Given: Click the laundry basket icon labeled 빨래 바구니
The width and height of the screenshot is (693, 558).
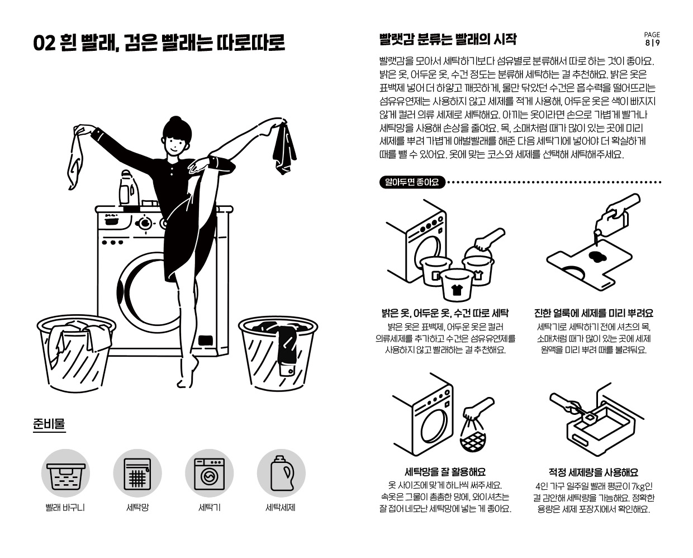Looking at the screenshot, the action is [x=66, y=473].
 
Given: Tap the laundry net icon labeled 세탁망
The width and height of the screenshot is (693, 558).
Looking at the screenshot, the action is [x=137, y=473].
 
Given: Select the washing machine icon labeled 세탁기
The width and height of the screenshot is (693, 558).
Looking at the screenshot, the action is [x=210, y=473].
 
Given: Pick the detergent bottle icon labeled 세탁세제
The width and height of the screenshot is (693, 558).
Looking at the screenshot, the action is [x=281, y=473].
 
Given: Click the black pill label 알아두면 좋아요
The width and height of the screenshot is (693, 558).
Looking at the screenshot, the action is [x=412, y=182].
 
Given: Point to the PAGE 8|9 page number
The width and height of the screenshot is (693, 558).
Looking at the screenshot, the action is [x=652, y=39].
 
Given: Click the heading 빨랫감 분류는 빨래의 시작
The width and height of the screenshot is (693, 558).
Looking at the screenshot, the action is [x=448, y=39].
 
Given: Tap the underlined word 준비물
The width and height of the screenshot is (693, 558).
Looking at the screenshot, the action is [x=49, y=424].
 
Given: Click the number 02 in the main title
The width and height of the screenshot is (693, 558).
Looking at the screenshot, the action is [x=45, y=43].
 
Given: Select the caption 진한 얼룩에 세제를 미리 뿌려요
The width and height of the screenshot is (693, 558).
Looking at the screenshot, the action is [x=594, y=313].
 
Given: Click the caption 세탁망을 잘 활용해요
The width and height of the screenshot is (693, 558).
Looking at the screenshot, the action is [x=445, y=472].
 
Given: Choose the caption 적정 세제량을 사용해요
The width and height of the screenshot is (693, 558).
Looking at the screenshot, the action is [x=594, y=472].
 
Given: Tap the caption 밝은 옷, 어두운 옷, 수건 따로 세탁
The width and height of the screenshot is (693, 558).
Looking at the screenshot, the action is [x=445, y=313].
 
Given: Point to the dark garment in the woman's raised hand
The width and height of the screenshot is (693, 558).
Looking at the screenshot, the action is [x=284, y=149].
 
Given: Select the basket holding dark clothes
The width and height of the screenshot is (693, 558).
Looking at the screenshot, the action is [x=278, y=353].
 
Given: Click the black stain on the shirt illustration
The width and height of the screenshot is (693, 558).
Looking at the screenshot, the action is [x=597, y=257].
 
